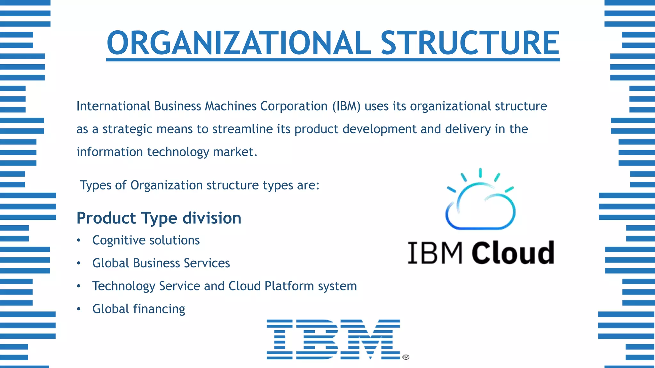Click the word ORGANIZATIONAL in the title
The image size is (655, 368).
(x=239, y=43)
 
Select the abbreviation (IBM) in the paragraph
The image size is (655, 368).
(x=346, y=106)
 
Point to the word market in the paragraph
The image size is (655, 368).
(x=235, y=152)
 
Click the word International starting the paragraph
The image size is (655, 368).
(x=113, y=106)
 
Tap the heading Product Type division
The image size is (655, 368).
(x=159, y=218)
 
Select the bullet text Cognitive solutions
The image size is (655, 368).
(x=146, y=241)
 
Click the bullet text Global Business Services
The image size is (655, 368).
(x=161, y=263)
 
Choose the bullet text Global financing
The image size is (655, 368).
(x=138, y=309)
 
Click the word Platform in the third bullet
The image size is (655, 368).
(x=289, y=286)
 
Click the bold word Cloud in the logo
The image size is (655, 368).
(x=513, y=253)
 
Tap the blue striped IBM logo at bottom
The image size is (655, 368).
(x=333, y=339)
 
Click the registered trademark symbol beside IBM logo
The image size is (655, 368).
(x=406, y=357)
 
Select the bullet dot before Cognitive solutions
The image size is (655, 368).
(x=79, y=241)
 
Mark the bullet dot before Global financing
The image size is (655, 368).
(x=79, y=309)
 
